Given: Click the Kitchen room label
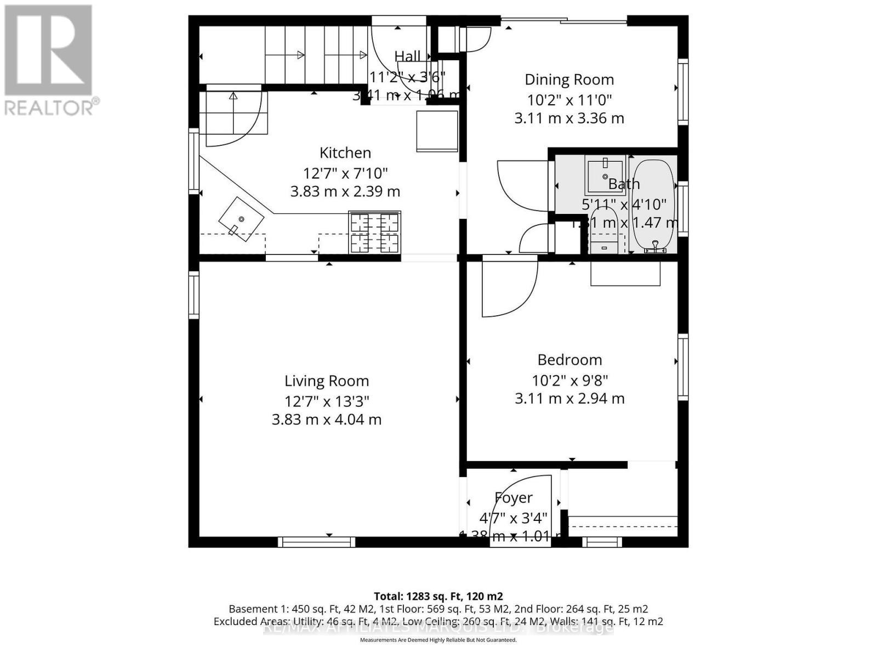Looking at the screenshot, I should point(345,153).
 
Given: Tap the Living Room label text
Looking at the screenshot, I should point(327,381).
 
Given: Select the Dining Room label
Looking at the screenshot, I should point(569,80).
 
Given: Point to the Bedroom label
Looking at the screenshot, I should point(570,360).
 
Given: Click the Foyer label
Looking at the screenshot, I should point(514,498).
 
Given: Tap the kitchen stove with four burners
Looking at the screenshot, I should point(375,232).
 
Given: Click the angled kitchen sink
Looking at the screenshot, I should point(241,219).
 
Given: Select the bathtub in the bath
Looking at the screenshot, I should point(652,206).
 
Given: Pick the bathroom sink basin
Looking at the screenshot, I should point(604,174).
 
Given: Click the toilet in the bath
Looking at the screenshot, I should point(604,236).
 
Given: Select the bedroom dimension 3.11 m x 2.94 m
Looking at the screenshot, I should point(570,399).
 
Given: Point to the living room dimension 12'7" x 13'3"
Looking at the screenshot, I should point(327,401).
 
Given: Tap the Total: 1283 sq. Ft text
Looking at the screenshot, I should point(438,596).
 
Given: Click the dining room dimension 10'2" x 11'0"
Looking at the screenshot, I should point(569,100).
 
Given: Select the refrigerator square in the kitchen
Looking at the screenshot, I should point(437,131).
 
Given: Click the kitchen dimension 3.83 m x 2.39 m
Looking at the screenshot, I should point(345,192).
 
